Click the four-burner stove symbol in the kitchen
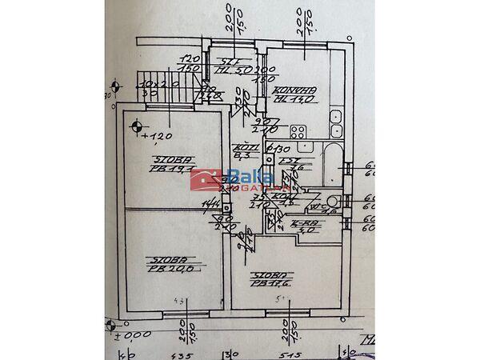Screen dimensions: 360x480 click(299, 131)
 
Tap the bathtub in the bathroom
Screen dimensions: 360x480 click(329, 164)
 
